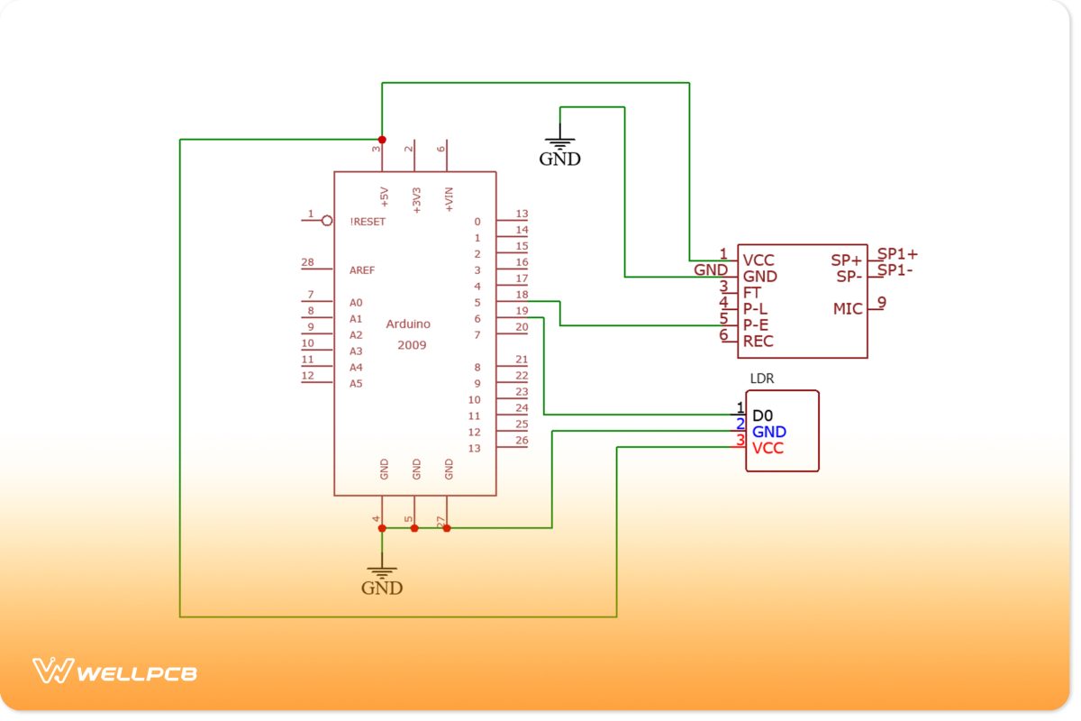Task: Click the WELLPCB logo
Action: pyautogui.click(x=114, y=672)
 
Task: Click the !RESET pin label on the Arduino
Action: pyautogui.click(x=368, y=222)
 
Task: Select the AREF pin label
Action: pyautogui.click(x=362, y=270)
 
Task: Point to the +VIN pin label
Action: pyautogui.click(x=449, y=199)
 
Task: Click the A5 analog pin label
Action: pyautogui.click(x=356, y=384)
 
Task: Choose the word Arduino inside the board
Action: pyautogui.click(x=408, y=324)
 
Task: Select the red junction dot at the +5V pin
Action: pyautogui.click(x=382, y=140)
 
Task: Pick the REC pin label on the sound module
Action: pyautogui.click(x=758, y=342)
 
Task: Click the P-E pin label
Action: pyautogui.click(x=756, y=325)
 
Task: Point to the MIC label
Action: pyautogui.click(x=848, y=309)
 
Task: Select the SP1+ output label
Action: pyautogui.click(x=897, y=254)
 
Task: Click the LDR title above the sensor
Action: pyautogui.click(x=762, y=379)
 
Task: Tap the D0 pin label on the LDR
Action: pyautogui.click(x=762, y=415)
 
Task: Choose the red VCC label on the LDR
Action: pyautogui.click(x=768, y=448)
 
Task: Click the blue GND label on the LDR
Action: pyautogui.click(x=768, y=432)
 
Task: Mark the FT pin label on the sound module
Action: pyautogui.click(x=752, y=293)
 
